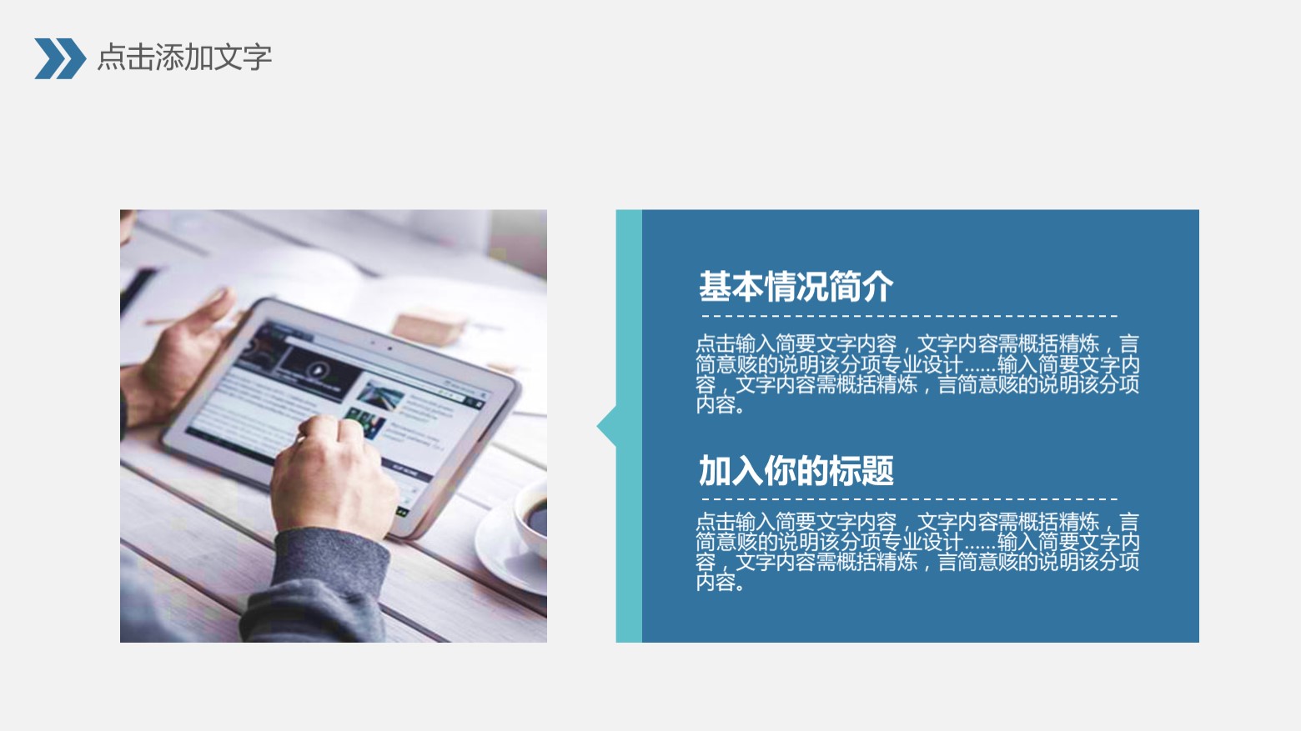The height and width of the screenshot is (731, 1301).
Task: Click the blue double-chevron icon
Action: point(59,58)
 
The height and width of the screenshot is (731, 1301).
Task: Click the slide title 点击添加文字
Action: point(184,58)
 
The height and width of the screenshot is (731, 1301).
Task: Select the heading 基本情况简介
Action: point(796,287)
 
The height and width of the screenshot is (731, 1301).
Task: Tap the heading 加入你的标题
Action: point(796,471)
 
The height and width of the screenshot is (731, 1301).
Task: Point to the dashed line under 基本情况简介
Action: point(909,317)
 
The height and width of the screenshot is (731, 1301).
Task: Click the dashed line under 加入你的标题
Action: point(909,501)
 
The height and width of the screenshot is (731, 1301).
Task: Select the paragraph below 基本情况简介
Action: point(917,374)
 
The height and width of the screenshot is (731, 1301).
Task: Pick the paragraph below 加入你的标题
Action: point(917,552)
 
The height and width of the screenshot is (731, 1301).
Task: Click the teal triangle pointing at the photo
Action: point(607,427)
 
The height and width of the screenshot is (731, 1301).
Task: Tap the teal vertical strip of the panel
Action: point(629,542)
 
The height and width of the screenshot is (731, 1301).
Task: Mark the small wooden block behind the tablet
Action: point(428,327)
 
